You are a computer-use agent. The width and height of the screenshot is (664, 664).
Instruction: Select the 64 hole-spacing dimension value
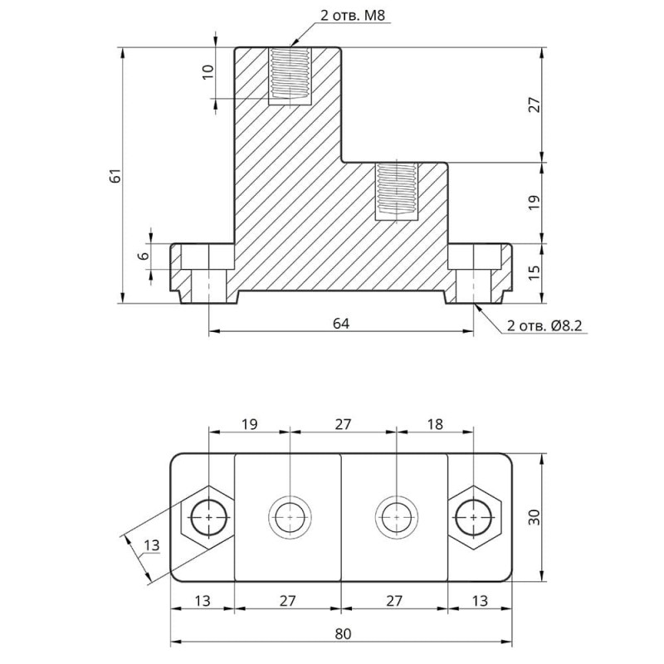point(339,322)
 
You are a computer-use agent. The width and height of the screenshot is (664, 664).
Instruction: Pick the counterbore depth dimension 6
point(144,256)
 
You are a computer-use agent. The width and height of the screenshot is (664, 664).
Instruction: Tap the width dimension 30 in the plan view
point(535,517)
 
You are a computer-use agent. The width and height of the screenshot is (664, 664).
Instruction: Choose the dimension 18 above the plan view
point(434,424)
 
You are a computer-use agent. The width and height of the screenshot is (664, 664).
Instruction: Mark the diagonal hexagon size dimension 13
point(150,545)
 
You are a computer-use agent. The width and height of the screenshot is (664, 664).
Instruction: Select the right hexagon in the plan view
point(473,516)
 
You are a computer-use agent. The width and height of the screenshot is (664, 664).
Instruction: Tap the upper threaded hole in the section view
point(290,74)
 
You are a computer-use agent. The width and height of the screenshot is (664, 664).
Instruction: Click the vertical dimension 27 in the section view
point(535,105)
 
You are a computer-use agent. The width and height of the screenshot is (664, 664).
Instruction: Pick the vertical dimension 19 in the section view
point(535,202)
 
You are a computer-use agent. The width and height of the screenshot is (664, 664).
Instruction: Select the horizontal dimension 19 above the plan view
point(248,424)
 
